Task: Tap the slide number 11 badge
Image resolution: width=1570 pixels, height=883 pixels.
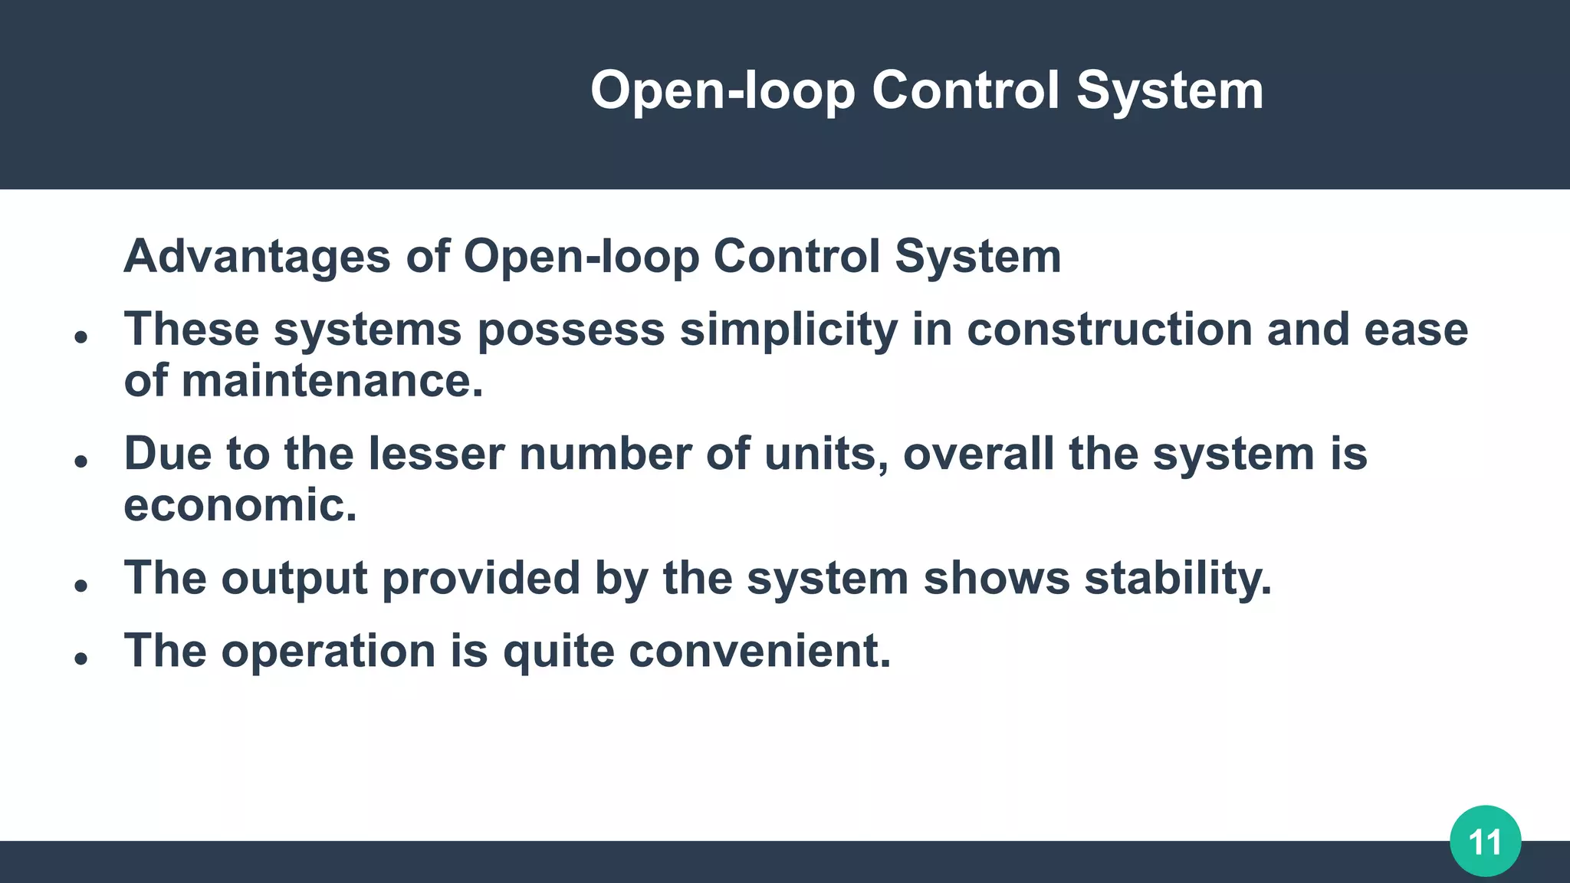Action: point(1485,842)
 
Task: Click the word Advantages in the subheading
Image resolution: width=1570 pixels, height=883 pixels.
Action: point(257,256)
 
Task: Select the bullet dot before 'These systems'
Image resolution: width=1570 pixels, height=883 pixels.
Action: point(81,336)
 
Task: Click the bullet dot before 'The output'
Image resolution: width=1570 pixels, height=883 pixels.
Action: point(81,586)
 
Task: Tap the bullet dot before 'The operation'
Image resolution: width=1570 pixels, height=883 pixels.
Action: point(81,658)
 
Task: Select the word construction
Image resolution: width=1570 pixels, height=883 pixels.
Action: point(1109,330)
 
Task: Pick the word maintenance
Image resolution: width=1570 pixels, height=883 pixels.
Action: point(332,381)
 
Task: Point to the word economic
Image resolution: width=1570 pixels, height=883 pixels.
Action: point(240,505)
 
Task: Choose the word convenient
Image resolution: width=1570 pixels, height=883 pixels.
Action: point(759,652)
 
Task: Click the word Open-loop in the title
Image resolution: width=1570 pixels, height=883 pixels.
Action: point(722,90)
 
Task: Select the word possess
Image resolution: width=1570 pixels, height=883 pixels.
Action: point(571,330)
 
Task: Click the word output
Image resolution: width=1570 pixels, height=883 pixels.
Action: point(294,578)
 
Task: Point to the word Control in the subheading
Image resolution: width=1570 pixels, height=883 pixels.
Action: point(796,256)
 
